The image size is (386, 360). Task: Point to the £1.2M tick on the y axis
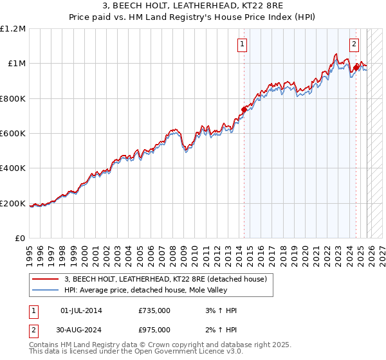tap(13, 29)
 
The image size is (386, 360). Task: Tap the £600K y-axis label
tap(13, 134)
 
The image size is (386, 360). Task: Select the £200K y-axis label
tap(13, 204)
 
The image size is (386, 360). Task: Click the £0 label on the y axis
tap(21, 239)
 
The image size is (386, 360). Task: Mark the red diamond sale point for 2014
tap(244, 109)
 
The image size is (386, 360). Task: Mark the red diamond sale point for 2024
tap(356, 67)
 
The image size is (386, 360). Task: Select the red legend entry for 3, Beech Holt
tap(170, 279)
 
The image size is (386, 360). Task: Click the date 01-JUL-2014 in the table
tap(81, 310)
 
